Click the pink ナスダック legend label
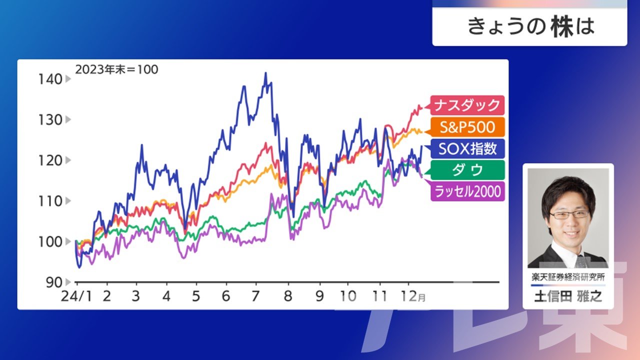[467, 105]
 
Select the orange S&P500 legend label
[467, 127]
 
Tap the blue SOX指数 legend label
[467, 148]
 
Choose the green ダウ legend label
[467, 170]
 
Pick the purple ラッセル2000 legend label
[467, 191]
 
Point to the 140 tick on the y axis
[50, 79]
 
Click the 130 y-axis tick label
[50, 120]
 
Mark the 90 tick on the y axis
[54, 282]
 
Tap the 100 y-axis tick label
[50, 242]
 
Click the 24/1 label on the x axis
[76, 296]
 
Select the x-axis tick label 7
[255, 296]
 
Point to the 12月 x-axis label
[413, 296]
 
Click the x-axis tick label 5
[195, 296]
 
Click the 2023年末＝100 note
[116, 69]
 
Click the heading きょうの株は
[531, 26]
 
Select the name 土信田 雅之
[568, 296]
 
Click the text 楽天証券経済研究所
[568, 277]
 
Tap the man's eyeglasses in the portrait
[569, 215]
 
